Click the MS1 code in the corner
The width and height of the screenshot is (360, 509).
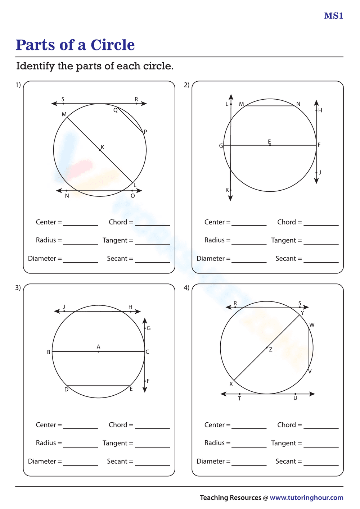point(334,16)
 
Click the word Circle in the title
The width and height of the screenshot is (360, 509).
point(113,45)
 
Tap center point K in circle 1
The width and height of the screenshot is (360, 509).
point(100,150)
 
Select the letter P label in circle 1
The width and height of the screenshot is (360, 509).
point(145,132)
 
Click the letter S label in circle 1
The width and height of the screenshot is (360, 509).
point(63,99)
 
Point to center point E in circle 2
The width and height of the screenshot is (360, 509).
point(270,145)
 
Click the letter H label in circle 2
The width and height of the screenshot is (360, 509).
point(320,110)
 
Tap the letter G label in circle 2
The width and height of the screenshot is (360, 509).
point(221,146)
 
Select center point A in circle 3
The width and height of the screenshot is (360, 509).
point(99,351)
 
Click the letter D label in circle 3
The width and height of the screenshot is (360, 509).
point(66,390)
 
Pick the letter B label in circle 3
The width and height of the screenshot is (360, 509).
point(49,352)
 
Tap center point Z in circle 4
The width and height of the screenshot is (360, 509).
point(267,347)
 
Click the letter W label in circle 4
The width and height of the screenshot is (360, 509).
point(312,325)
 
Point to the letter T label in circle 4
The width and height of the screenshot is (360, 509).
point(240,399)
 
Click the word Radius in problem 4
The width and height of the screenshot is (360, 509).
point(215,443)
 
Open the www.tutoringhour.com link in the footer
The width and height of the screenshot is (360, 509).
point(306,497)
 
